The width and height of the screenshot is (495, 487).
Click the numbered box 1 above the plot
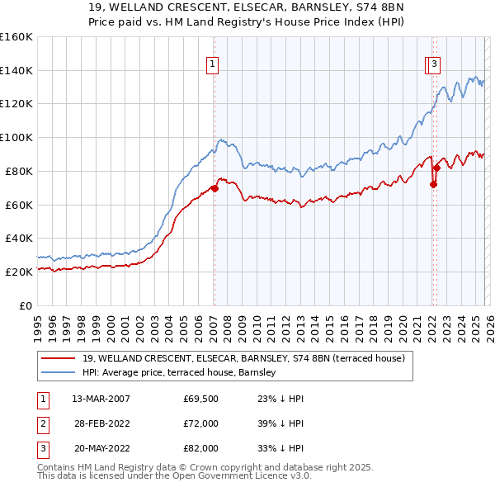(x=213, y=64)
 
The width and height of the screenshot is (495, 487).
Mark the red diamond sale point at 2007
(x=214, y=188)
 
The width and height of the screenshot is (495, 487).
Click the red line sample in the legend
(x=59, y=358)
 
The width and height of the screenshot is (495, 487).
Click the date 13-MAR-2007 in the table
(x=101, y=399)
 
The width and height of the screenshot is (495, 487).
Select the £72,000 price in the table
(x=200, y=423)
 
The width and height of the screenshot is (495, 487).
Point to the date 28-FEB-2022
(x=101, y=423)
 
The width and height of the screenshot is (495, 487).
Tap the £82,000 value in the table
(x=200, y=448)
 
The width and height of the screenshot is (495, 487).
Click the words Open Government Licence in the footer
(x=232, y=476)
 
